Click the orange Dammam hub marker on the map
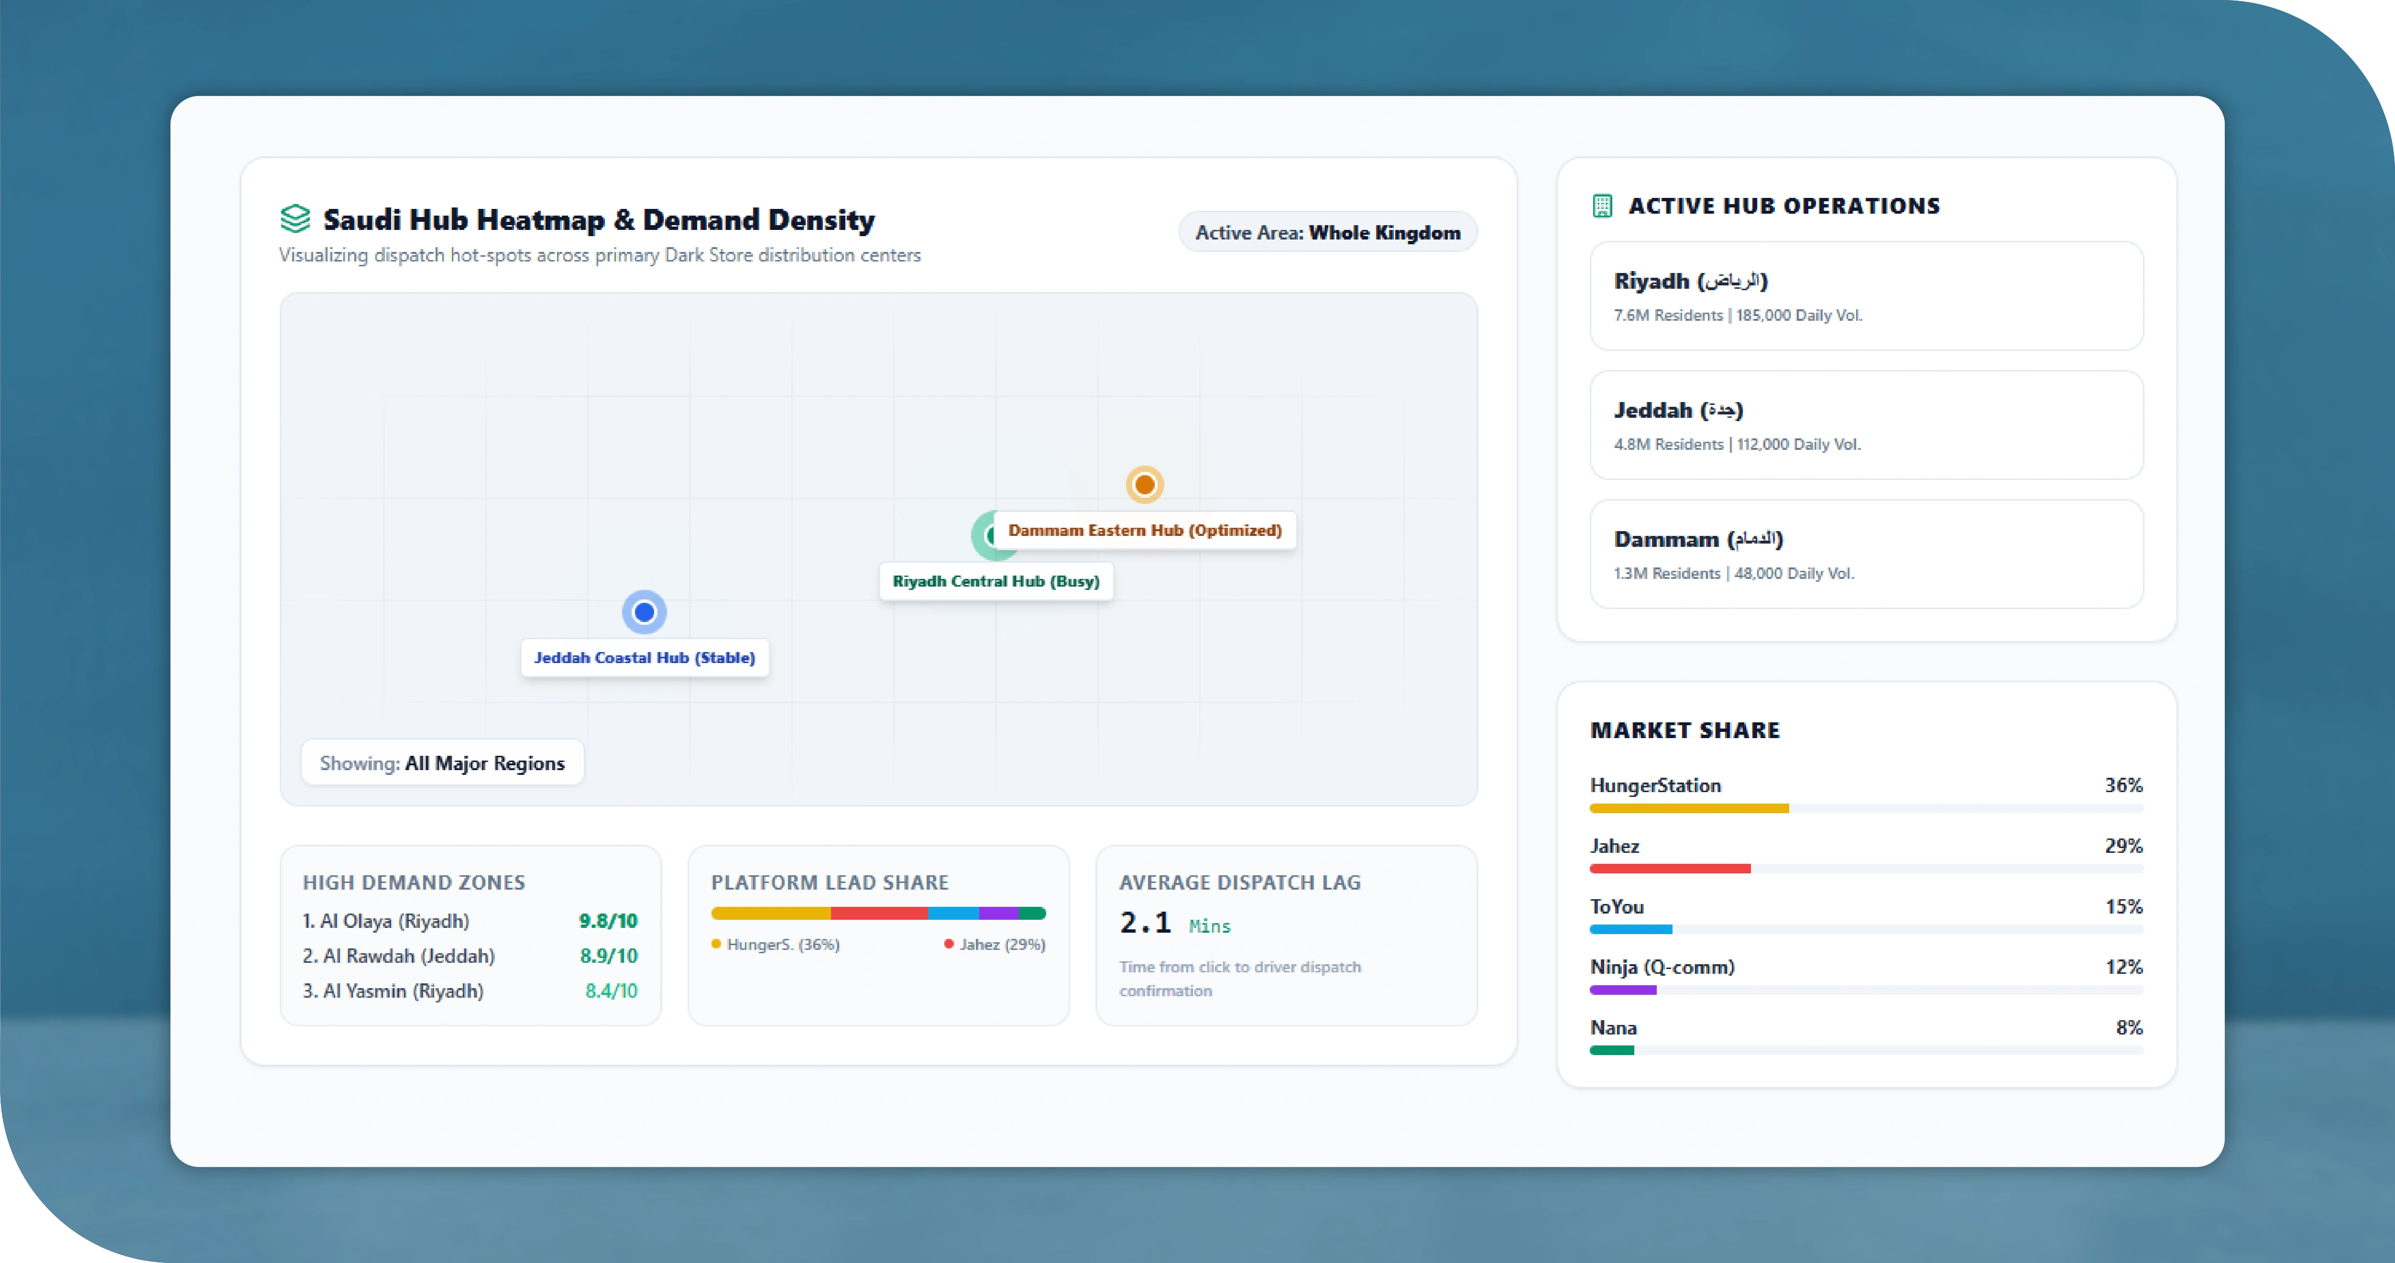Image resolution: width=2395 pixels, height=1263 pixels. click(1145, 484)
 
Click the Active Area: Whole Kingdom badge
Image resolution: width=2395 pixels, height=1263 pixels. click(1328, 232)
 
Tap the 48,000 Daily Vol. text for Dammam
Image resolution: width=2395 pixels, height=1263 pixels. click(1794, 573)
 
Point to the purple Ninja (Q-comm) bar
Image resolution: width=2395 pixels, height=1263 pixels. click(1623, 990)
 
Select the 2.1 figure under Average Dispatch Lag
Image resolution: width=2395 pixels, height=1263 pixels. click(1146, 922)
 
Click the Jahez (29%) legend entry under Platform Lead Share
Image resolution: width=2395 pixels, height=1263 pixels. click(995, 944)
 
